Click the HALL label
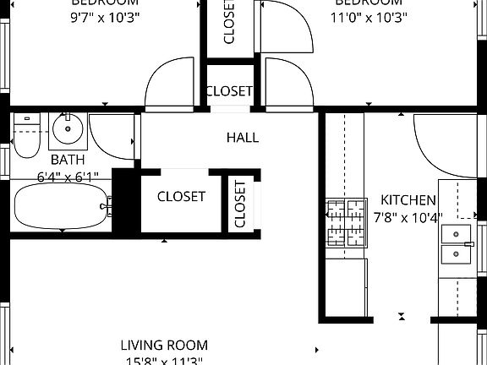coord(243,138)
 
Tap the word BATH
coord(67,160)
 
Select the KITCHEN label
coord(408,200)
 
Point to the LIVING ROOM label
coord(164,345)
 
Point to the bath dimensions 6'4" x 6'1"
coord(68,177)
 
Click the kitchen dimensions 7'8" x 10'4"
coord(408,218)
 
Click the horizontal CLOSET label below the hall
coord(181,197)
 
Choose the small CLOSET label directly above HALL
coord(229,91)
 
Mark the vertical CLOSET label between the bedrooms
coord(229,23)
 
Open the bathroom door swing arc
coord(112,135)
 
